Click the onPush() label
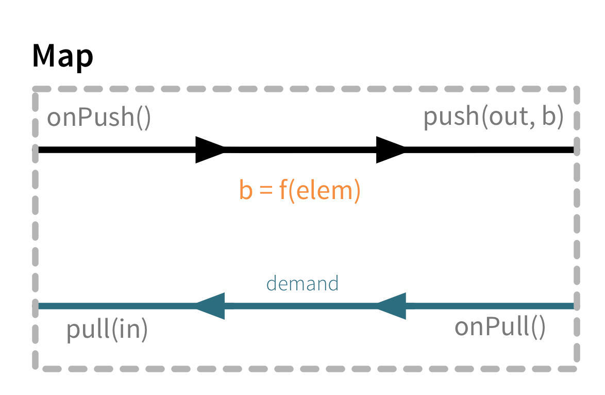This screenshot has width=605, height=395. click(99, 118)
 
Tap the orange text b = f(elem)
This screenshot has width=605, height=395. click(300, 190)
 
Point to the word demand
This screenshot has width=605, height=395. click(302, 284)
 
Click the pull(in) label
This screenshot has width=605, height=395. click(107, 330)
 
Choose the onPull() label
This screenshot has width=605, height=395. click(499, 327)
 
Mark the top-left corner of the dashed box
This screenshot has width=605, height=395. click(36, 89)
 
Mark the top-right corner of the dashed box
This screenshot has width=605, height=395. click(577, 89)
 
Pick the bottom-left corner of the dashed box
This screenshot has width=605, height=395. click(36, 368)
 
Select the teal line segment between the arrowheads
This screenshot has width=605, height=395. click(299, 306)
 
